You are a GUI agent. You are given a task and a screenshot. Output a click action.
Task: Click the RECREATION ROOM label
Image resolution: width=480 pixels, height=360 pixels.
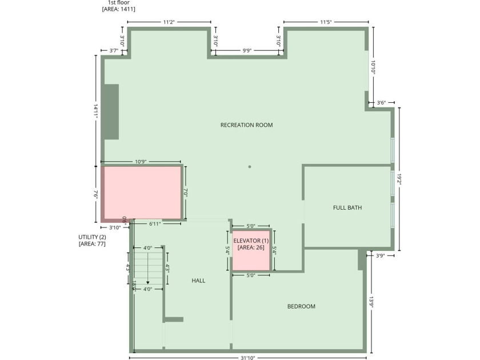(246, 125)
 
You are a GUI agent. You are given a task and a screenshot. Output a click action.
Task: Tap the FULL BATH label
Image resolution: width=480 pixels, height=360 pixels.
(347, 207)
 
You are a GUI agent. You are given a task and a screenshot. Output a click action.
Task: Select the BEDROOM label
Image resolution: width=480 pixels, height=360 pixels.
(301, 306)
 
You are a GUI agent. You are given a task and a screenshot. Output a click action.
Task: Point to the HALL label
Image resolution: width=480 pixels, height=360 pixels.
(198, 281)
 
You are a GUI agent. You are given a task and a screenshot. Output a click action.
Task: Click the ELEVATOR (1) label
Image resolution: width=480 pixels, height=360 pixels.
(251, 241)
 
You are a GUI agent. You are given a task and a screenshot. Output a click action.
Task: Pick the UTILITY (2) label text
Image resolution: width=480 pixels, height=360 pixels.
(92, 237)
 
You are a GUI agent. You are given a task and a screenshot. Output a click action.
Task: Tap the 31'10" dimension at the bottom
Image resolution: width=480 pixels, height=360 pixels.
(247, 358)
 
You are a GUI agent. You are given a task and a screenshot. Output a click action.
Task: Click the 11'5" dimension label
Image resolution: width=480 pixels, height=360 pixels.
(326, 22)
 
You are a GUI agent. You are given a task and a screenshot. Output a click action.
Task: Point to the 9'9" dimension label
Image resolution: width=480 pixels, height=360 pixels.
(247, 51)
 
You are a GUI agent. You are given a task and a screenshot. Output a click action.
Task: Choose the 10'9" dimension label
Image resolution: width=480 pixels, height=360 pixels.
(141, 162)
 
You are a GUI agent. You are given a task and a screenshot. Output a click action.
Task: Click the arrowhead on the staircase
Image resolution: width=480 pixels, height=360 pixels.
(147, 282)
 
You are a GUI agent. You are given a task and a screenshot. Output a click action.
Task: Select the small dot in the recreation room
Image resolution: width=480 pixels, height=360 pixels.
(250, 167)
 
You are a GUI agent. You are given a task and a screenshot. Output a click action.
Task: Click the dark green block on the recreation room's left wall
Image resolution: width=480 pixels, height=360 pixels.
(111, 111)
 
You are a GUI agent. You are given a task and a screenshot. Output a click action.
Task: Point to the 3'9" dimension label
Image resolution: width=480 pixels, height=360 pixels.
(381, 255)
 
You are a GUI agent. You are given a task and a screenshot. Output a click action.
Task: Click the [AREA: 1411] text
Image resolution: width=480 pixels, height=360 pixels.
(118, 10)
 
